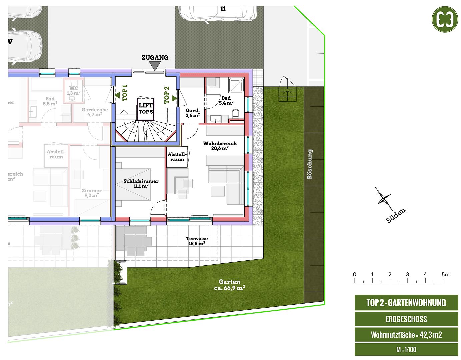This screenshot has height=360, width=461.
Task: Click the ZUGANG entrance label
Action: [155, 58]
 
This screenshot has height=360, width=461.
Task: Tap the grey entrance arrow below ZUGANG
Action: [155, 66]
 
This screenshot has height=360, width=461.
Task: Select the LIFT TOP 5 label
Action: [146, 108]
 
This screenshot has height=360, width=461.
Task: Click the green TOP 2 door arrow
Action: [174, 98]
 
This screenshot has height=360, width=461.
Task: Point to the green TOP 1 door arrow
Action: [117, 95]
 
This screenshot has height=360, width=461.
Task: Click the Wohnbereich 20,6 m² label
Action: [220, 146]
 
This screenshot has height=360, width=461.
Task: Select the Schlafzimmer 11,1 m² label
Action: [141, 184]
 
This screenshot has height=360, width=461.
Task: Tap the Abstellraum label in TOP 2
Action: [177, 157]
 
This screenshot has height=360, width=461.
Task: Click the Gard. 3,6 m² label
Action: [193, 113]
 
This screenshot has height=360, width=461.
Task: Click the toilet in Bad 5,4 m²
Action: [236, 114]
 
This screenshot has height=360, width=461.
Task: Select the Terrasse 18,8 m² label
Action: [197, 241]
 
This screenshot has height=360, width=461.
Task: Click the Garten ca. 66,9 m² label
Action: [229, 285]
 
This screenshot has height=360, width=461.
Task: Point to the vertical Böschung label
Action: [310, 164]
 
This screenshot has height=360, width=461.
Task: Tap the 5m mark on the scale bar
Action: [445, 275]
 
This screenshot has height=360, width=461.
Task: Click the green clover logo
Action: [445, 19]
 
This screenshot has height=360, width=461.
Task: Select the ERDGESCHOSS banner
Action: [406, 319]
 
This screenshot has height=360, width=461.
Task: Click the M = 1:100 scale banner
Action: [406, 350]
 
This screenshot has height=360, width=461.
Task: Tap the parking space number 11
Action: [223, 9]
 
